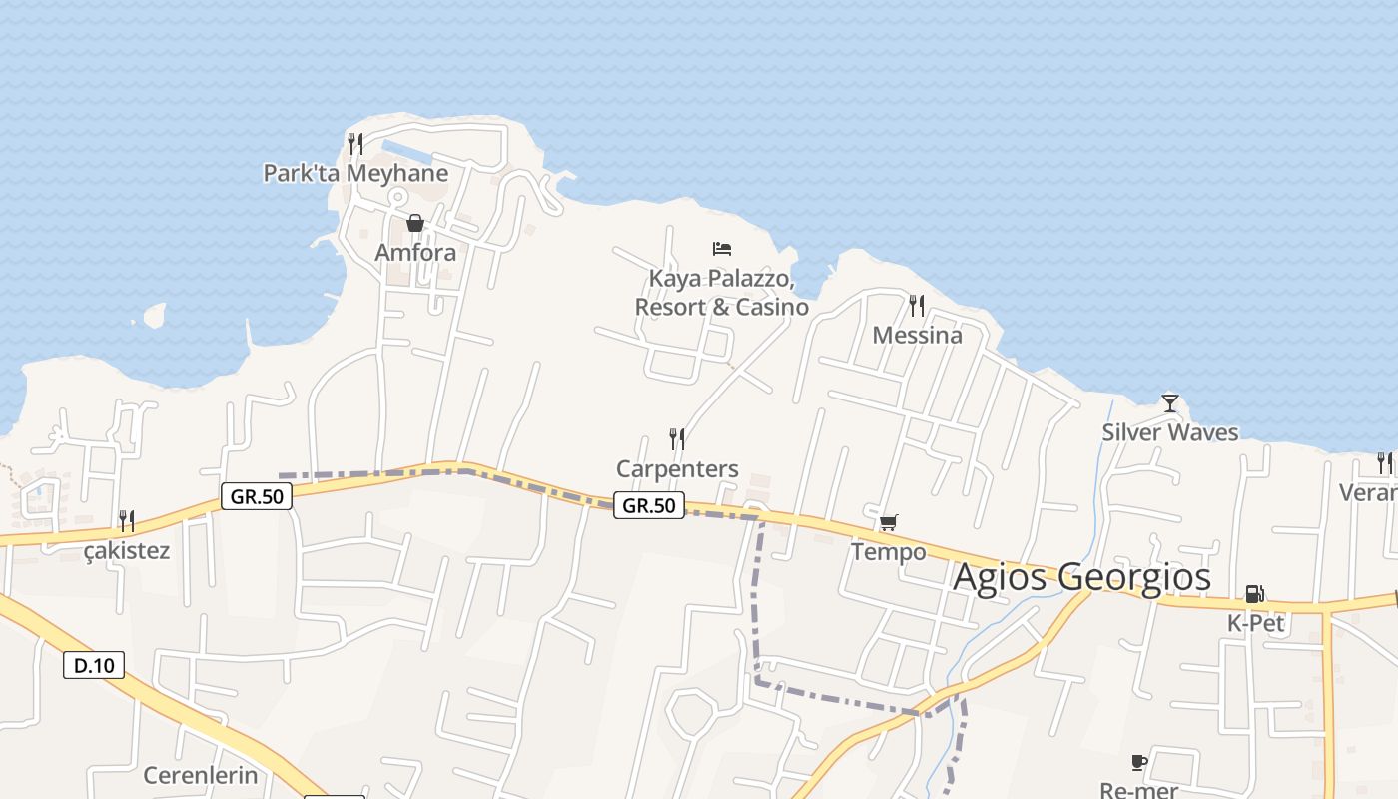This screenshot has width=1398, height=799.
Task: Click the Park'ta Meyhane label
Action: point(355,173)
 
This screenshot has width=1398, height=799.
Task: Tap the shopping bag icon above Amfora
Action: point(415,223)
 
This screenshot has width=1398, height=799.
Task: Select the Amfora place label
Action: point(415,252)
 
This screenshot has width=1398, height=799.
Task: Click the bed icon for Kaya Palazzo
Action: point(722,248)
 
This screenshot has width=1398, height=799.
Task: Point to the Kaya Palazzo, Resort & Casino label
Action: point(722,292)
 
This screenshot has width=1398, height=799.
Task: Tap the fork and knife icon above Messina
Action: point(917,305)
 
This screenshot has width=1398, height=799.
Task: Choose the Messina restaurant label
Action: point(917,335)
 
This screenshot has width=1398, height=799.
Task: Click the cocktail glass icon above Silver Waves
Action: point(1170,403)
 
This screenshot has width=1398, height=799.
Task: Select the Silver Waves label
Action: point(1170,432)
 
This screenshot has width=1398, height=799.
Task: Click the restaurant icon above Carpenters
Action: point(677,438)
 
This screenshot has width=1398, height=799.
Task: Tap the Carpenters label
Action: point(677,468)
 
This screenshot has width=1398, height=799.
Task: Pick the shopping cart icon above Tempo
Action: point(889,522)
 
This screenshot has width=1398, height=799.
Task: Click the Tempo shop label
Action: point(889,551)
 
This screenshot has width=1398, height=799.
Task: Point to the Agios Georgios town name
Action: point(1081,577)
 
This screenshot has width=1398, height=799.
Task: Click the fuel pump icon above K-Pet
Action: point(1255,594)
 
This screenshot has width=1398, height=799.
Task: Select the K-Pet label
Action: point(1255,623)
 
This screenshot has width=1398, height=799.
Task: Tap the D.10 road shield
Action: point(94,665)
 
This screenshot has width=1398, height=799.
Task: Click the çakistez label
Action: point(127,550)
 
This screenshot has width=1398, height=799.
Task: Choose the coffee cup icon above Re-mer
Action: point(1139,763)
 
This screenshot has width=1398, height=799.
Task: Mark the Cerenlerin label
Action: point(201,775)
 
